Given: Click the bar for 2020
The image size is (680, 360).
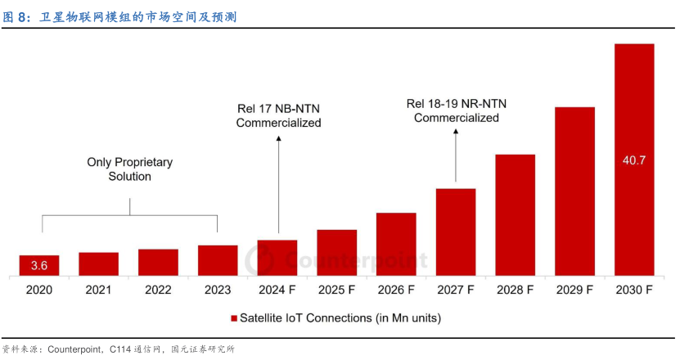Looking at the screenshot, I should point(39,265).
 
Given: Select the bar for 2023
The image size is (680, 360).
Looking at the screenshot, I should point(218,260).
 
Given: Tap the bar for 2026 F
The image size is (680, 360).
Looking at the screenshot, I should point(396,244).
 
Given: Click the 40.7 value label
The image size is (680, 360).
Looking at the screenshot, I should point(634,160).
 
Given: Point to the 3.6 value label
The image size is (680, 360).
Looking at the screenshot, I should point(39,266).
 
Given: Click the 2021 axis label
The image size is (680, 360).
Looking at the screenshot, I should point(99,290).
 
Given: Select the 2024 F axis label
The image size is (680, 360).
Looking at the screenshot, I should point(277,290).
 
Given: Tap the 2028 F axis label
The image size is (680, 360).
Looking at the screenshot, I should point(515,290).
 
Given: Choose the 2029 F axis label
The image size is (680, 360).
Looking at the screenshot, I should point(574,290).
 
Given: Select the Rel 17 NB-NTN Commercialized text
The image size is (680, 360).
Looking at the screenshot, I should point(278,116).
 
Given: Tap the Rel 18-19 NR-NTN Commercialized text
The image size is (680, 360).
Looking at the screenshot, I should point(456,110).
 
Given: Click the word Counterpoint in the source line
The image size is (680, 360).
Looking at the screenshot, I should point(74,350).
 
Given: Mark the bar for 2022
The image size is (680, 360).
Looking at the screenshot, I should point(158,262).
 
